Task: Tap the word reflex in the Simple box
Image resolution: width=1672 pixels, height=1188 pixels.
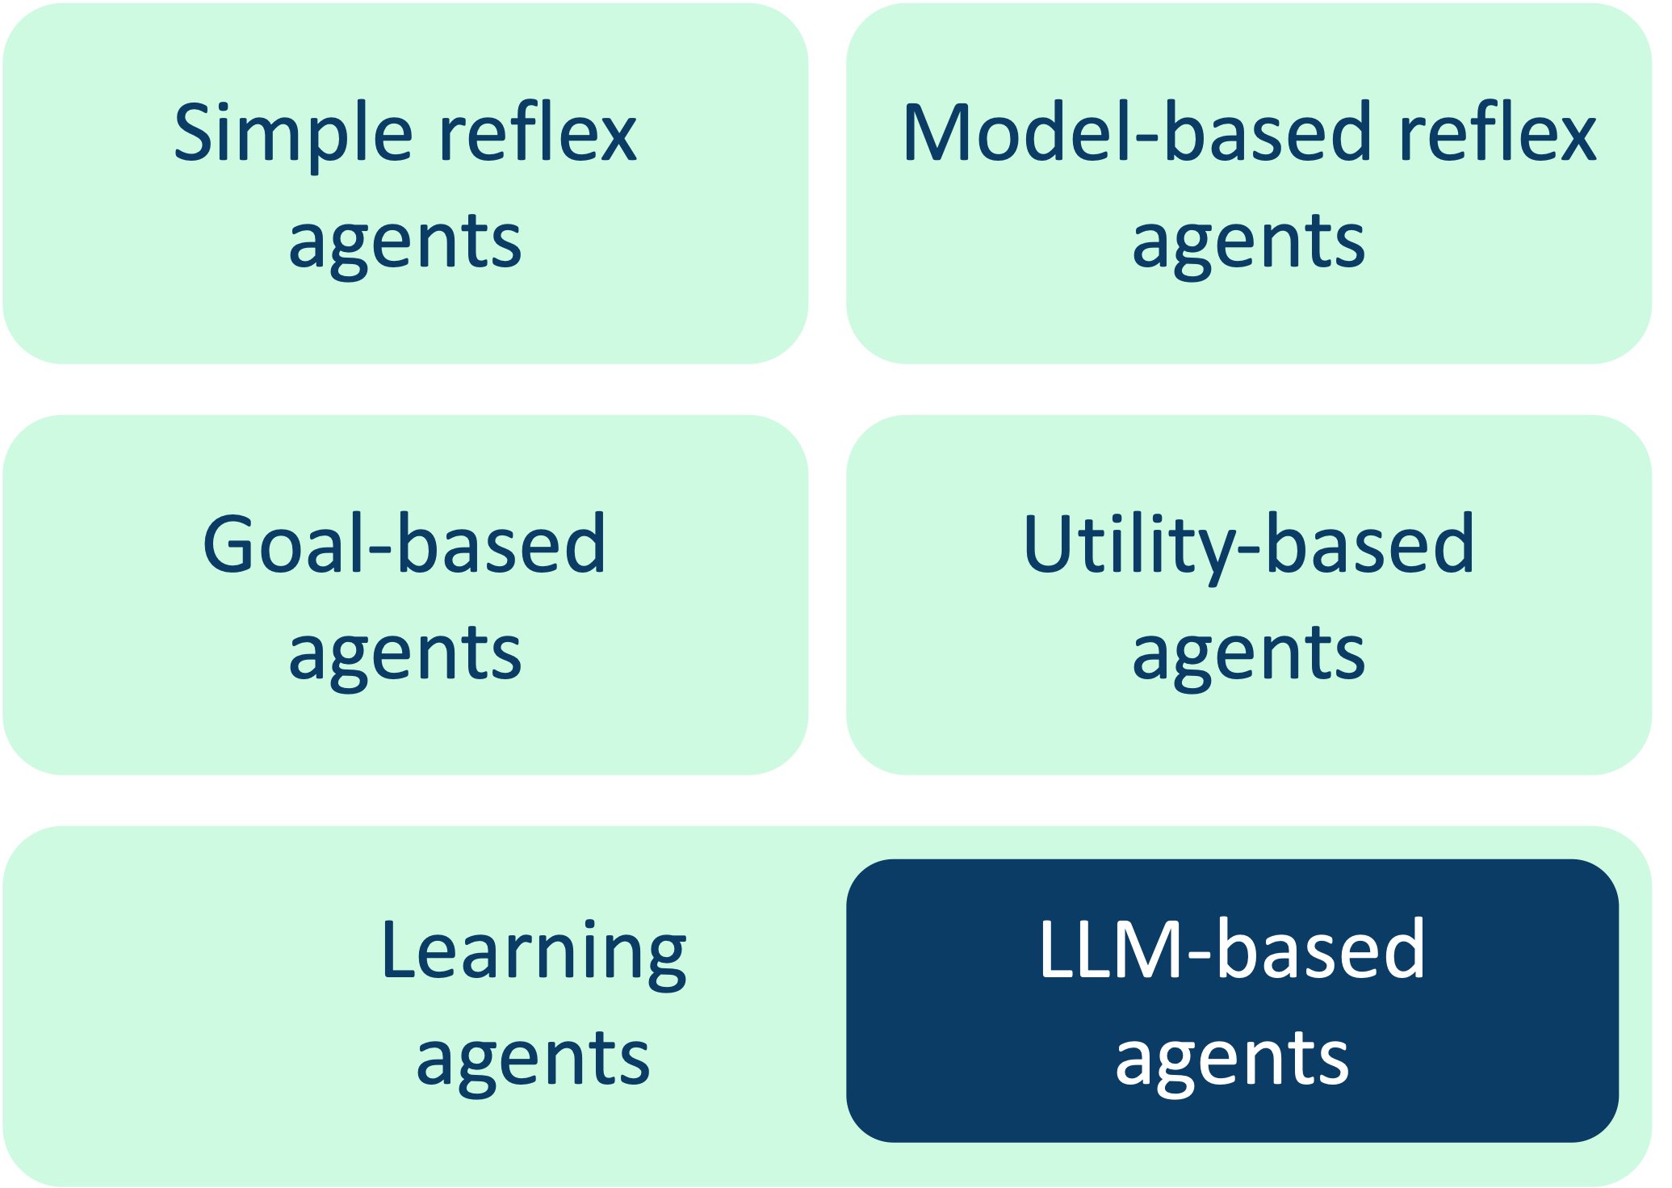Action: (537, 133)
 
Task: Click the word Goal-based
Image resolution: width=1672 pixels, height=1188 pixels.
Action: (404, 544)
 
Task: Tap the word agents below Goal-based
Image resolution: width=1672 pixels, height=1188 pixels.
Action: (405, 653)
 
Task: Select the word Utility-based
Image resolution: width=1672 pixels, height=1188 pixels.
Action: (1248, 544)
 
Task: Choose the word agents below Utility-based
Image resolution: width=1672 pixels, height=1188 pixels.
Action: (1248, 653)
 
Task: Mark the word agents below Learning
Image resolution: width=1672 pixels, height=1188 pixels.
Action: (533, 1058)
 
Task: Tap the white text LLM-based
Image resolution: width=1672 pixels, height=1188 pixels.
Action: (1232, 950)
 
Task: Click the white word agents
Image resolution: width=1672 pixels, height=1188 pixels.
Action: (1232, 1058)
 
